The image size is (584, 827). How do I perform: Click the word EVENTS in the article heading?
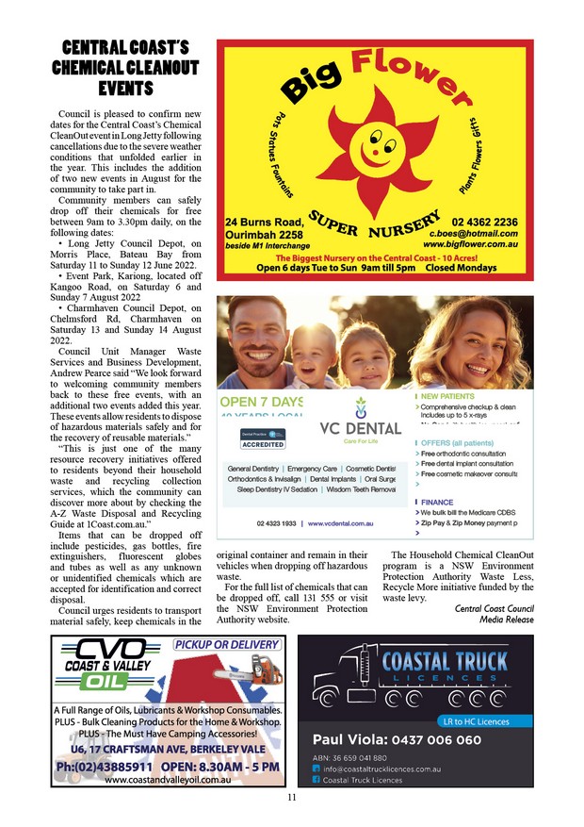click(126, 89)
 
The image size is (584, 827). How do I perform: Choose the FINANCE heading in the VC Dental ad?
click(437, 503)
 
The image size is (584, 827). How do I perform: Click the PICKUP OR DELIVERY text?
click(226, 645)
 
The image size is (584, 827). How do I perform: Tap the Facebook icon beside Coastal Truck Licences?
click(316, 780)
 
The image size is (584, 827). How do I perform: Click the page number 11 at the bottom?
click(292, 799)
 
